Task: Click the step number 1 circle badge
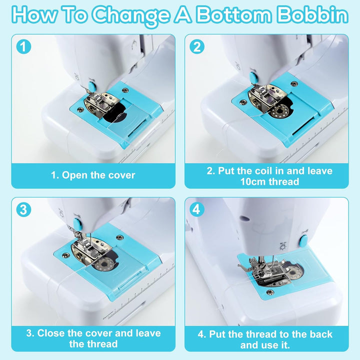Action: (23, 47)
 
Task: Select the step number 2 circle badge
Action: (197, 47)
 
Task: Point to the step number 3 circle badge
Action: (23, 209)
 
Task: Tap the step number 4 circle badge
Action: (197, 209)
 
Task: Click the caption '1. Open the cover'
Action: (93, 175)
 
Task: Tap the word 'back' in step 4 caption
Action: (321, 334)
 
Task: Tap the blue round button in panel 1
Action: (92, 86)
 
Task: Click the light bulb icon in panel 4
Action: (282, 247)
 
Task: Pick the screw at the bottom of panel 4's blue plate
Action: (269, 292)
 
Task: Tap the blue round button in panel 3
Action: (76, 223)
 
